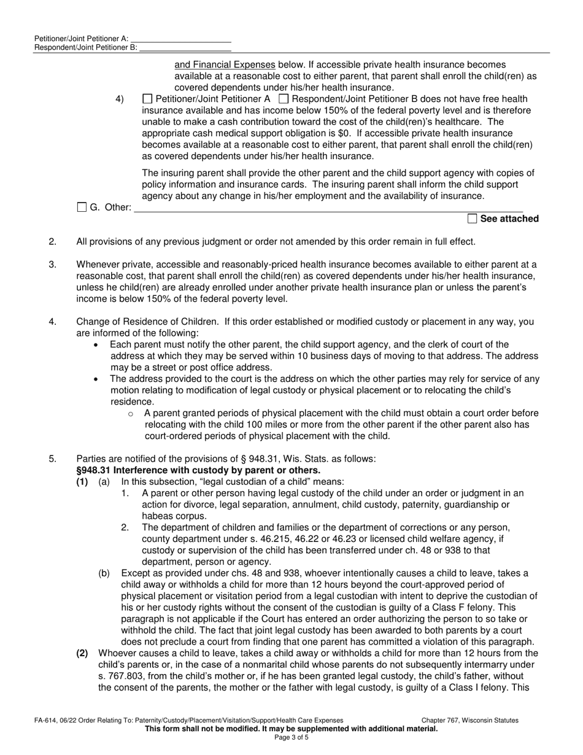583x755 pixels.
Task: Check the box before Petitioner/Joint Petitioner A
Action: [x=147, y=99]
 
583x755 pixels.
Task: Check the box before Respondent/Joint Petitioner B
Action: [x=284, y=99]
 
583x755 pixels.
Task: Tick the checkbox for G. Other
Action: [x=82, y=207]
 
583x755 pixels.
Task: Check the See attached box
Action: [x=472, y=219]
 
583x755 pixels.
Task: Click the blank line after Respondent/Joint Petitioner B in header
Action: [x=185, y=47]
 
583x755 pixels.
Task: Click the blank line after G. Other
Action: [x=328, y=208]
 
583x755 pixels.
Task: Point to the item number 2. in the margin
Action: [x=53, y=242]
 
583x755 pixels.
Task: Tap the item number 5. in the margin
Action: [x=53, y=459]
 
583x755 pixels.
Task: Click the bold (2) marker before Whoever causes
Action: [x=82, y=653]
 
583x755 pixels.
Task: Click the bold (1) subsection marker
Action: [x=82, y=482]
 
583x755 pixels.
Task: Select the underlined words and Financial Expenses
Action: [x=225, y=64]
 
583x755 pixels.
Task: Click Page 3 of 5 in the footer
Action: [x=291, y=738]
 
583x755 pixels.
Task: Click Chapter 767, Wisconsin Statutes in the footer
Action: [x=469, y=721]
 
